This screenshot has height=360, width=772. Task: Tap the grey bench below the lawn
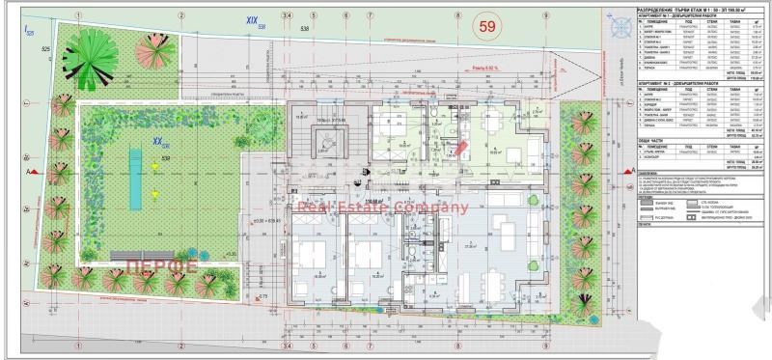click(142, 254)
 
